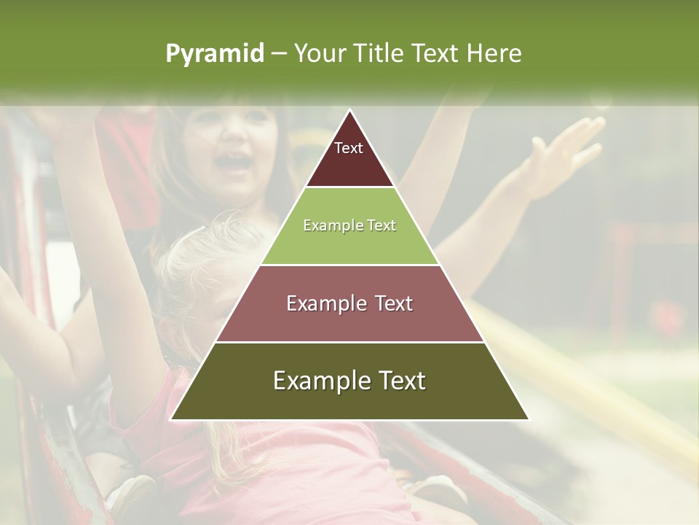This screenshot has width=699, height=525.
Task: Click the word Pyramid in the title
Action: click(215, 54)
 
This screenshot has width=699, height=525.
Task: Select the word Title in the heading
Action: click(377, 54)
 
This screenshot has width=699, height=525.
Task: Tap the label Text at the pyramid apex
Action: click(349, 148)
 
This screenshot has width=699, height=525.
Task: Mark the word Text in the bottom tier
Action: click(397, 381)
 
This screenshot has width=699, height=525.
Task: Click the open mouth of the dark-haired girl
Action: click(234, 163)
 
